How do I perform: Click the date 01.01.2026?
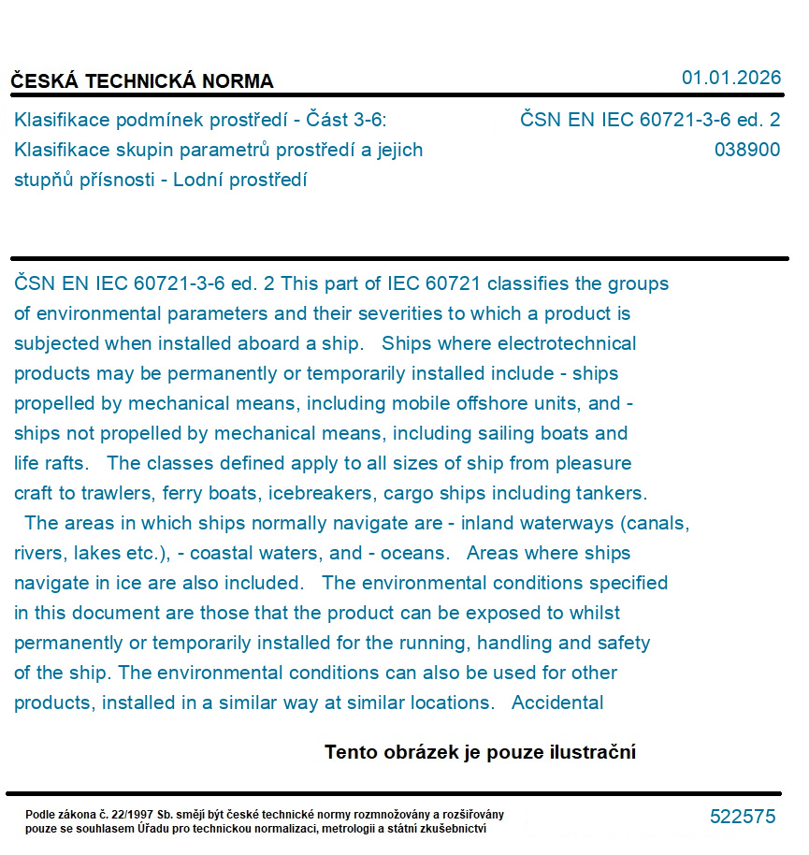point(730,78)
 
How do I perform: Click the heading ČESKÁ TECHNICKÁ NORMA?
point(142,81)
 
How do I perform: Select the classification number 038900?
point(746,150)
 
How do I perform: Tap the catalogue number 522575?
point(743,817)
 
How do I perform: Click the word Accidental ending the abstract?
point(557,703)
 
